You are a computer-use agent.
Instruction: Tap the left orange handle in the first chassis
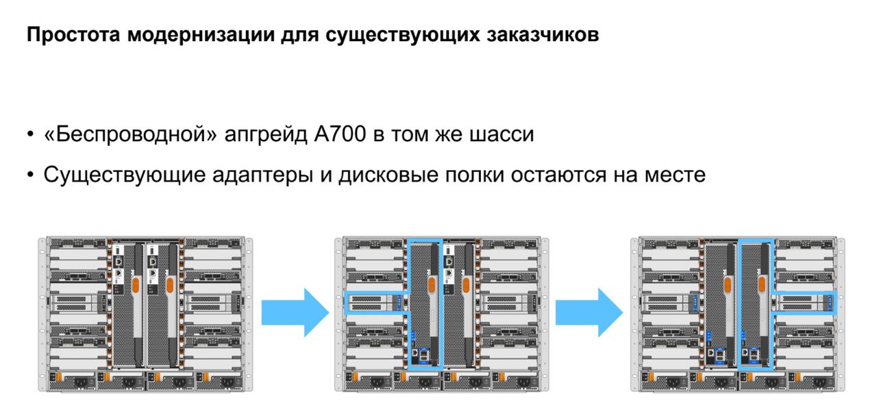point(136,284)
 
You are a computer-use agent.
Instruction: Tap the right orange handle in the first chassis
point(171,284)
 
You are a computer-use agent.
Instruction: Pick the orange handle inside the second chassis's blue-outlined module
point(431,284)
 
